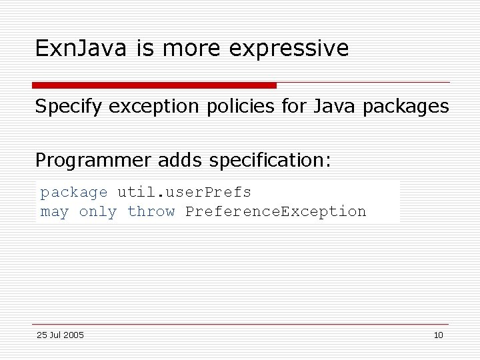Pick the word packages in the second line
coord(405,107)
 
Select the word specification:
coord(269,161)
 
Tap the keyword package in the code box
coord(74,193)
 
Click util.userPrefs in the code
coord(184,192)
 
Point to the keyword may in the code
coord(55,211)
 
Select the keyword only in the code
coord(98,212)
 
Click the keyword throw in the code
coord(151,211)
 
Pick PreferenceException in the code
coord(275,211)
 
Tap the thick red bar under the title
coord(154,85)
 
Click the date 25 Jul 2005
coord(60,335)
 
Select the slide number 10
coord(438,335)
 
